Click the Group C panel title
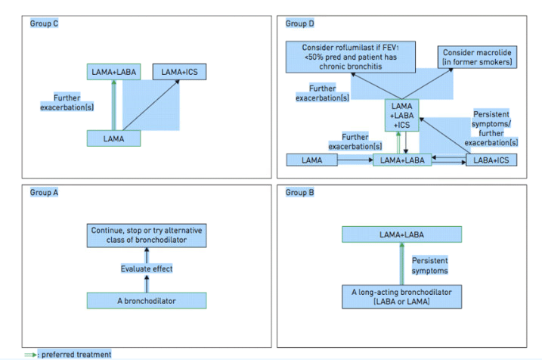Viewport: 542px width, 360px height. [x=44, y=24]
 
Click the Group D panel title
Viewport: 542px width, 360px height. [x=296, y=24]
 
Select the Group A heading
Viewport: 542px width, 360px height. [x=44, y=192]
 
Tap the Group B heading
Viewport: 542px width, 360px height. [x=296, y=192]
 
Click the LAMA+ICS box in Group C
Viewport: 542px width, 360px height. [x=179, y=72]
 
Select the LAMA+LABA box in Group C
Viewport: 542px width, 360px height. [x=113, y=72]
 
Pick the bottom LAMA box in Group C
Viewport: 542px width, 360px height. [x=113, y=138]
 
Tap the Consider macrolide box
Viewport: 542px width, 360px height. [x=477, y=57]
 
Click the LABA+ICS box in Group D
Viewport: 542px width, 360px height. [x=489, y=160]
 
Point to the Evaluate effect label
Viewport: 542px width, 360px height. [x=147, y=268]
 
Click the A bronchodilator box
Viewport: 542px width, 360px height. [x=147, y=299]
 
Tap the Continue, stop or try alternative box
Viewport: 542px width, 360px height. [x=147, y=234]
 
